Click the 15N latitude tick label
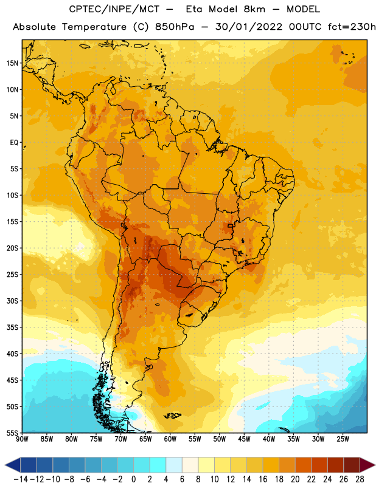point(12,63)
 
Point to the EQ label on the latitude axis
point(14,143)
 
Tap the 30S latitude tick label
point(12,301)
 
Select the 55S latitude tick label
point(12,433)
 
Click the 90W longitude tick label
point(22,439)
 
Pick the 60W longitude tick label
point(170,439)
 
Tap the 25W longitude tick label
point(343,439)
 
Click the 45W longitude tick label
point(244,439)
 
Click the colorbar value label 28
point(360,479)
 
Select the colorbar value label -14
point(21,479)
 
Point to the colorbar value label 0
point(133,479)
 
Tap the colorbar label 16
point(263,479)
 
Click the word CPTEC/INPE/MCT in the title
point(114,9)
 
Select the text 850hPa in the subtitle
point(175,27)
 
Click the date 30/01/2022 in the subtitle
point(249,27)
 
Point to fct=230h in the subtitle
point(352,27)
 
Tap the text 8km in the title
point(254,9)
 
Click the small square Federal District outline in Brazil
point(230,225)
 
